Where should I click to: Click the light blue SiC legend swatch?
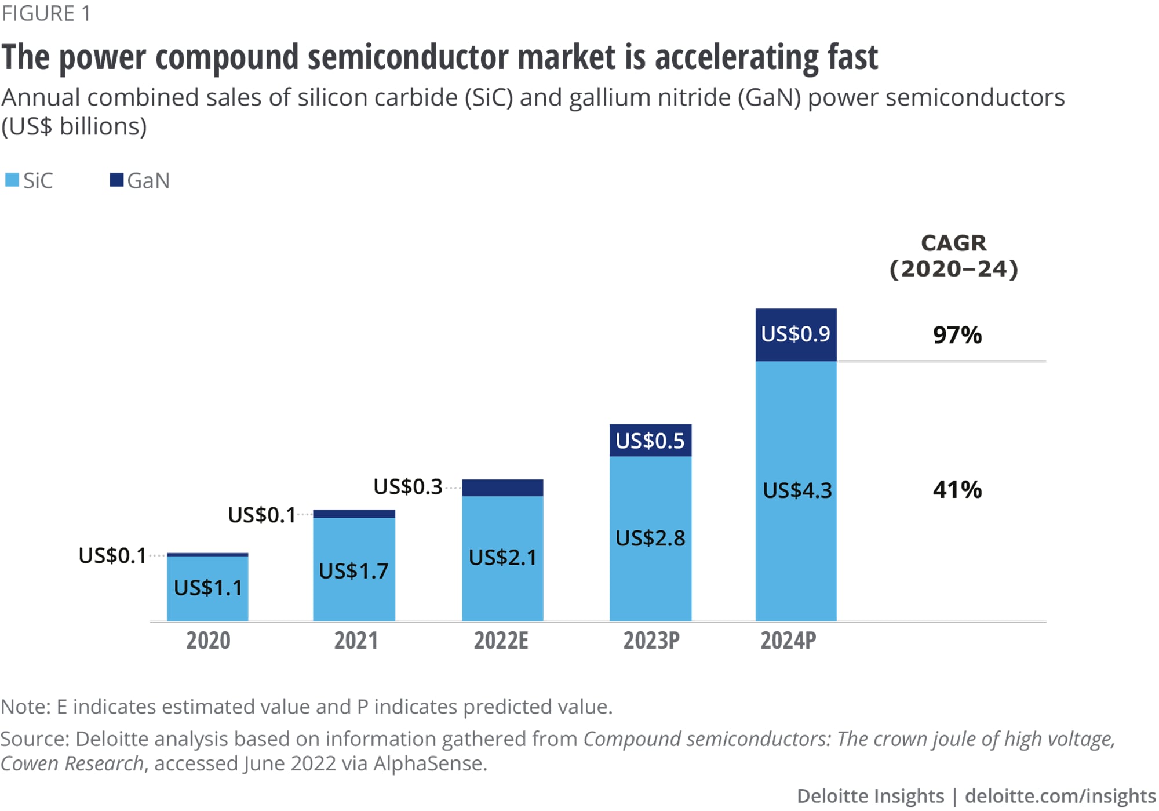click(12, 180)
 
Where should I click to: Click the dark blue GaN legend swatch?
click(116, 180)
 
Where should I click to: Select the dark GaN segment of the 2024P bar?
click(796, 334)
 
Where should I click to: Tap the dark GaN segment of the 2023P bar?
click(650, 441)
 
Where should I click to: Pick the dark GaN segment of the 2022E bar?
click(502, 488)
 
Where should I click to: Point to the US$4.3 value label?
click(797, 491)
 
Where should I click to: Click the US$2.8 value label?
click(650, 539)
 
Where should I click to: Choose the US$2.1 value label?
click(502, 558)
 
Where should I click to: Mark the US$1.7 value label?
click(353, 572)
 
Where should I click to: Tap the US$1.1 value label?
click(208, 588)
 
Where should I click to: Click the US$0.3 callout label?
click(407, 487)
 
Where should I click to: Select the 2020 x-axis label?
click(208, 641)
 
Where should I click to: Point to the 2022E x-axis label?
click(501, 641)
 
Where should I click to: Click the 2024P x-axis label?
click(788, 641)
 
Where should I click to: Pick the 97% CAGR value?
click(957, 335)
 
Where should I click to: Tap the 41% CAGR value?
click(957, 490)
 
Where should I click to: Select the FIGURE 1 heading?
click(46, 13)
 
